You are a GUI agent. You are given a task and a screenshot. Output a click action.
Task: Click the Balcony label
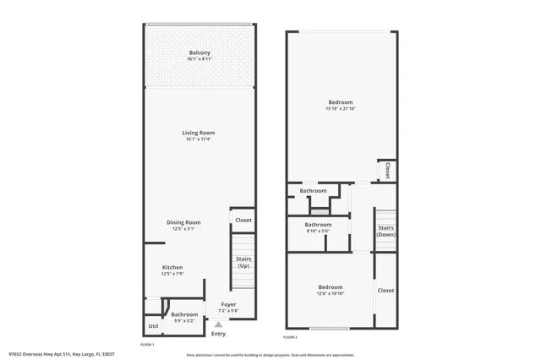click(x=199, y=53)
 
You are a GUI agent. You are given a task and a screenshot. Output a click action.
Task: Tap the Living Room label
click(x=199, y=133)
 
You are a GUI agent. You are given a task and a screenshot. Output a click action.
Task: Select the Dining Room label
click(x=184, y=222)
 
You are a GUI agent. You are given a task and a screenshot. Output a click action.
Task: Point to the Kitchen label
click(x=172, y=268)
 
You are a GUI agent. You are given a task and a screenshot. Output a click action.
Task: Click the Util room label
click(x=153, y=325)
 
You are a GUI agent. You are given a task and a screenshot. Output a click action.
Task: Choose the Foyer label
click(x=228, y=304)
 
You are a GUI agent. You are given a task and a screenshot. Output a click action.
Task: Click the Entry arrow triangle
click(x=218, y=324)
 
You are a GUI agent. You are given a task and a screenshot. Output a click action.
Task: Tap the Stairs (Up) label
click(x=243, y=263)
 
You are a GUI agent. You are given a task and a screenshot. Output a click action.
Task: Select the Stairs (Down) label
click(x=385, y=231)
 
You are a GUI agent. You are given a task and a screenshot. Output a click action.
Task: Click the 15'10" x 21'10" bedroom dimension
click(x=340, y=108)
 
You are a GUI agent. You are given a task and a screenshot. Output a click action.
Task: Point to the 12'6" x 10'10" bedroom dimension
click(x=330, y=292)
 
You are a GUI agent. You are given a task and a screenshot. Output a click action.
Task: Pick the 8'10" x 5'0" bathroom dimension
click(x=318, y=229)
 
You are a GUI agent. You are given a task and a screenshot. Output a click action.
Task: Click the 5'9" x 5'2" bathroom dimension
click(x=184, y=320)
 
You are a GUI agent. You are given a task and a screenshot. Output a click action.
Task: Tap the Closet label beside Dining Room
click(x=243, y=220)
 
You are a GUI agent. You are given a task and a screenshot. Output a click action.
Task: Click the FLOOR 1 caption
click(x=147, y=345)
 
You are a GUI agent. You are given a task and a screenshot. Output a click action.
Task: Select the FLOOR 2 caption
click(x=291, y=337)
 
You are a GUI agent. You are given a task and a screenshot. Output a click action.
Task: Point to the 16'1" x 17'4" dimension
click(x=199, y=139)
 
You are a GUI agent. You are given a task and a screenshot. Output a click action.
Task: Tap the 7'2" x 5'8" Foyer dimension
click(x=228, y=311)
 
